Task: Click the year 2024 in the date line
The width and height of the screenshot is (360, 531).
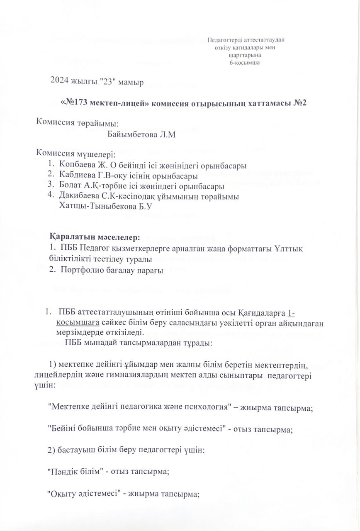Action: point(59,82)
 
